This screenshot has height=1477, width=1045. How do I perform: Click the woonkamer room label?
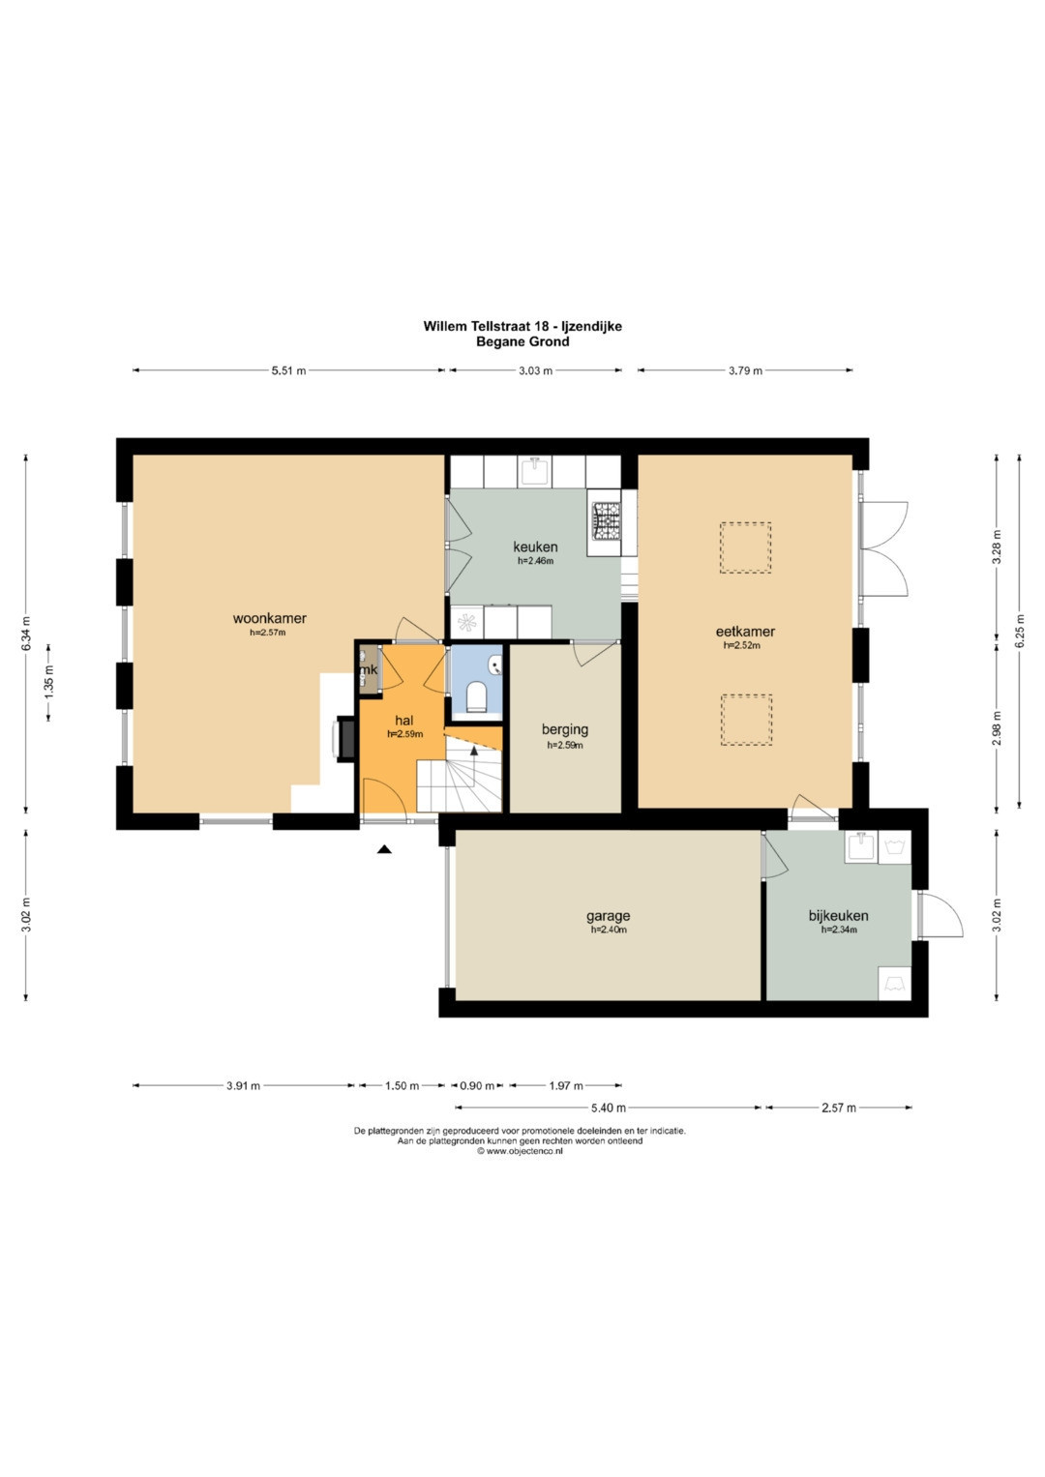coord(269,618)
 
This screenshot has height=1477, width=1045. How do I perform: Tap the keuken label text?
coord(535,546)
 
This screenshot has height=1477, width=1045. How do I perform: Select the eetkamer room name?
coord(745,632)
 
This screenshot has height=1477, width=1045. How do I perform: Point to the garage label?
coord(608,917)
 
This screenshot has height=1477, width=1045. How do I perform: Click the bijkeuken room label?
coord(838,916)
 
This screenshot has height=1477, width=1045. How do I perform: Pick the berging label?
coord(565,730)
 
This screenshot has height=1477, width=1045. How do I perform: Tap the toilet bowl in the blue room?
coord(476,696)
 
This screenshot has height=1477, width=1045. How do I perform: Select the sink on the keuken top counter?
coord(535,471)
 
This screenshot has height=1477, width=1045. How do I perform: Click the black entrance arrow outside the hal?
coord(384,850)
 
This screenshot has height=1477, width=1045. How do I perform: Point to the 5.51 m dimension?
coord(289,370)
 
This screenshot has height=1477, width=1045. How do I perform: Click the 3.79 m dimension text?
coord(745,370)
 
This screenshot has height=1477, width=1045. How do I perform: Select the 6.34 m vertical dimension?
coord(26,635)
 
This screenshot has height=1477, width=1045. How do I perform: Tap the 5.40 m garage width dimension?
coord(609,1108)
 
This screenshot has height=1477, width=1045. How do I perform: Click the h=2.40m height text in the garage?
coord(609,930)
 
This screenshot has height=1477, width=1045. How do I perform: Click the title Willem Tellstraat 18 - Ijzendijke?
coord(522,326)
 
